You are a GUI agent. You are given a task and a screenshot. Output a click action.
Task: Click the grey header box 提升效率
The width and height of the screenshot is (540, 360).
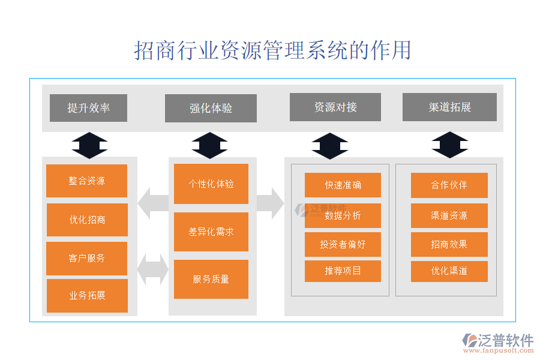88,108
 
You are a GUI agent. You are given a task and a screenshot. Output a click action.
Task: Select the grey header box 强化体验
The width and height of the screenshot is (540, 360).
211,109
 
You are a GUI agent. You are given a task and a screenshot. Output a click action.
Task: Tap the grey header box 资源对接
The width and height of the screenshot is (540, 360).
335,107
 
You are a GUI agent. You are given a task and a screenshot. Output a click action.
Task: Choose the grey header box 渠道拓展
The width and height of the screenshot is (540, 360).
449,107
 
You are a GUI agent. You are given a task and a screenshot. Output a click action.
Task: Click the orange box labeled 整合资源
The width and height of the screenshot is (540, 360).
87,181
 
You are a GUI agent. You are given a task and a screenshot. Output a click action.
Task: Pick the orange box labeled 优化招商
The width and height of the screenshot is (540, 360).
87,220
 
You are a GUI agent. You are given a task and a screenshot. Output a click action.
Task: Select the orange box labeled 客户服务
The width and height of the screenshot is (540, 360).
87,258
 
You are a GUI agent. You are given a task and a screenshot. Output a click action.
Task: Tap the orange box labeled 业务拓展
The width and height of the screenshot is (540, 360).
87,295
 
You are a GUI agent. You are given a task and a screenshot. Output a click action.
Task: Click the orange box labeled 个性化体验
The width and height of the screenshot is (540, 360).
211,184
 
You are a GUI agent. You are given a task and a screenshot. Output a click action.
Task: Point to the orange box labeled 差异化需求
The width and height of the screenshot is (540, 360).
211,232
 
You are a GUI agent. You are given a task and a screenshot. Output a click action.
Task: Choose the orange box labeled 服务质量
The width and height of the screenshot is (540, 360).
211,279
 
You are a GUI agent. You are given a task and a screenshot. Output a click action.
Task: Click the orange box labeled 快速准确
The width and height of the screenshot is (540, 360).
343,185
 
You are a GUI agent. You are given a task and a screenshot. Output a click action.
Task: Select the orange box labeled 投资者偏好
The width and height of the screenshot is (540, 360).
343,244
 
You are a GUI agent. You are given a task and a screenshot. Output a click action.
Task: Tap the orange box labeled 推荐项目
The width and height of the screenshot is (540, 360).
343,271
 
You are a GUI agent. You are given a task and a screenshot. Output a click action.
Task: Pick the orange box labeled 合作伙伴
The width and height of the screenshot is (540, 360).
449,185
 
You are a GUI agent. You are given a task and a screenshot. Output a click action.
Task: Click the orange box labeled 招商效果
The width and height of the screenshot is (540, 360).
449,244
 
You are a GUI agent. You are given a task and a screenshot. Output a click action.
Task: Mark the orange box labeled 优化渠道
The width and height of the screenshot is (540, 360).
449,271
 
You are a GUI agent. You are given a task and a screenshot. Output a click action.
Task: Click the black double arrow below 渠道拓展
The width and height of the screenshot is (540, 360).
450,145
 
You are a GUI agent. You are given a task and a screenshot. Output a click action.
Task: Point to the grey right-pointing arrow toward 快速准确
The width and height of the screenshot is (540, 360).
271,203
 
